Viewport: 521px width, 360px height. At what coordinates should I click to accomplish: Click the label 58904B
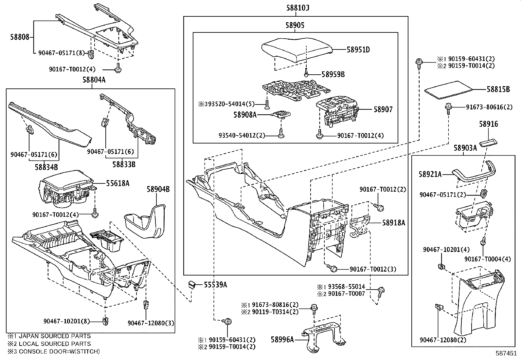point(158,189)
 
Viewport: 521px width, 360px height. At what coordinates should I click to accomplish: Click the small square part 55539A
point(192,284)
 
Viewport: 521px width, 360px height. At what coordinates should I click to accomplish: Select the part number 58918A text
point(394,223)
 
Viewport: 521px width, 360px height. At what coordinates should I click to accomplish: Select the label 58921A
point(430,175)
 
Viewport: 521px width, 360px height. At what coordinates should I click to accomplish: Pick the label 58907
point(383,110)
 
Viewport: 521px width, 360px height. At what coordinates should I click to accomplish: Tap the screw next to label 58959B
point(306,73)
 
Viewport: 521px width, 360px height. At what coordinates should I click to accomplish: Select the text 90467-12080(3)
point(151,323)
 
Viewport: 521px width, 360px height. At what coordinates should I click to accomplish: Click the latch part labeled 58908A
point(282,114)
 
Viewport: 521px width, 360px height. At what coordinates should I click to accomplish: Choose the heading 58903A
point(465,148)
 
